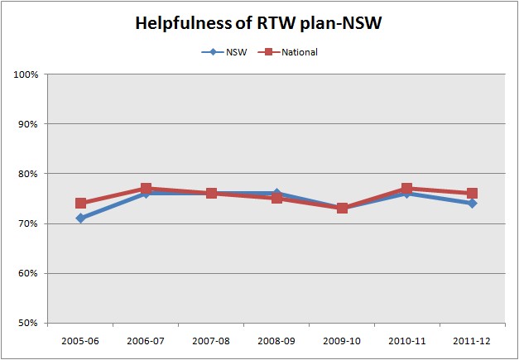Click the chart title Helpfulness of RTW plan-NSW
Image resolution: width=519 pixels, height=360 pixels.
(x=259, y=24)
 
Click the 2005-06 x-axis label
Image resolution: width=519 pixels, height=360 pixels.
(x=80, y=338)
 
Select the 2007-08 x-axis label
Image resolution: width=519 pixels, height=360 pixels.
(x=211, y=338)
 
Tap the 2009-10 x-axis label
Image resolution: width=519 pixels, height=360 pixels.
(x=342, y=338)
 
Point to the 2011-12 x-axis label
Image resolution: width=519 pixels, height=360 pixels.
(x=472, y=338)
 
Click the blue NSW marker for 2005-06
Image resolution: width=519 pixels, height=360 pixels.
(x=80, y=218)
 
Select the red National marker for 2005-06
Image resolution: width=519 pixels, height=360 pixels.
(x=80, y=203)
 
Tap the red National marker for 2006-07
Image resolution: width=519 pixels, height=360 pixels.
(x=146, y=189)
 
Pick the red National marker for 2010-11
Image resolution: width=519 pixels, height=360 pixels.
(x=406, y=189)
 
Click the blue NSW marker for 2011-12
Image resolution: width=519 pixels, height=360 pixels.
(x=472, y=203)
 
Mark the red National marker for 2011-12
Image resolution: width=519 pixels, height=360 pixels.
(x=472, y=194)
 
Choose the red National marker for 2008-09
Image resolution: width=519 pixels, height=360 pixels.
(x=276, y=198)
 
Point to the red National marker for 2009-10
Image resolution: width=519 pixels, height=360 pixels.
(x=342, y=208)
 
